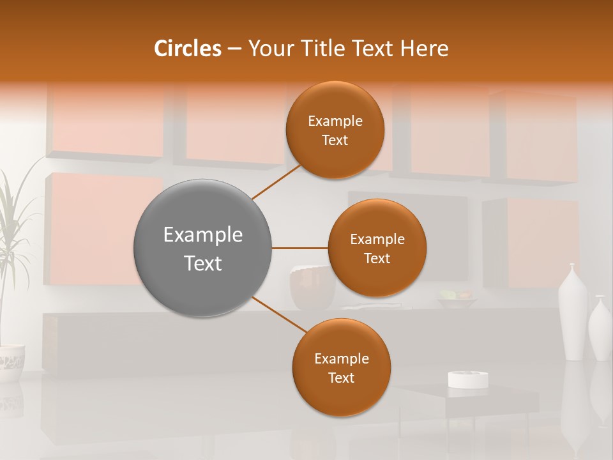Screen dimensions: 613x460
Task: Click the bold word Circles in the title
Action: (x=188, y=49)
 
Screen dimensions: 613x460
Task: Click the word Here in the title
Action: (x=425, y=49)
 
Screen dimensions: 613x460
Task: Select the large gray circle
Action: (x=203, y=248)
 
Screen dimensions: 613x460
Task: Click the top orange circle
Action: (x=335, y=130)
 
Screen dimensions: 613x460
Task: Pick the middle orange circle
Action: (x=377, y=248)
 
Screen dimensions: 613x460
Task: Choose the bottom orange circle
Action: (x=341, y=367)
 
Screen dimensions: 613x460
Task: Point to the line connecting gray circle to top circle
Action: (x=276, y=183)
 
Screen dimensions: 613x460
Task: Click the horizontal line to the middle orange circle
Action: (x=300, y=248)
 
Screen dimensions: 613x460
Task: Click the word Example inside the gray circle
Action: (x=203, y=235)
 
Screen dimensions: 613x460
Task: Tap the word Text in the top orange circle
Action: (x=335, y=141)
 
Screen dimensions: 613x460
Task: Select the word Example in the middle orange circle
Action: (x=377, y=240)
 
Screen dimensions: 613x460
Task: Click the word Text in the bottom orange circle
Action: (x=341, y=378)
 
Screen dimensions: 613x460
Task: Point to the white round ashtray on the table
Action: (x=468, y=379)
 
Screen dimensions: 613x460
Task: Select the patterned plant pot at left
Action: (x=11, y=363)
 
